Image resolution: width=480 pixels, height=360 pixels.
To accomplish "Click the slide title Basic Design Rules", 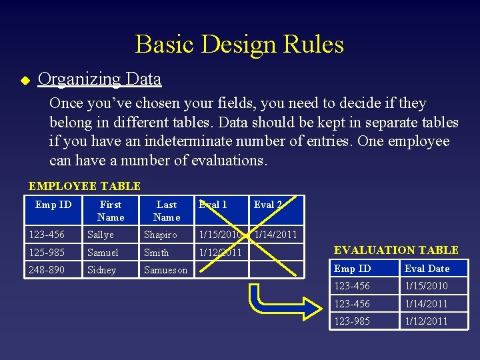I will pos(239,45).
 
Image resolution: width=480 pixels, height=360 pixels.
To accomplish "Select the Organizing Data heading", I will pos(100,79).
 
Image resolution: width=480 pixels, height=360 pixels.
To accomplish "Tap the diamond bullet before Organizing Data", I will pos(25,80).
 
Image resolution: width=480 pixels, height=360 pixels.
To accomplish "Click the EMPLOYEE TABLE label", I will pos(85,186).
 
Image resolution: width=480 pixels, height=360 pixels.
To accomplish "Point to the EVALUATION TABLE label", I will pos(396,250).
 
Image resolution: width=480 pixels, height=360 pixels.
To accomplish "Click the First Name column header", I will pos(111,211).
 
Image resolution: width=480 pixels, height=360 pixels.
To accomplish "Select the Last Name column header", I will pos(167,211).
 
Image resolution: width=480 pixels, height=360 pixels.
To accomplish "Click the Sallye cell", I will pos(101,235).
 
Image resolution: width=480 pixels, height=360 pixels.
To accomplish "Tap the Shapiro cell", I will pos(161,235).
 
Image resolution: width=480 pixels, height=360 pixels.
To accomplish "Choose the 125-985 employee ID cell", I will pos(47,253).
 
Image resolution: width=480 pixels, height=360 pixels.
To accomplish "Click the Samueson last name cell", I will pos(166,270).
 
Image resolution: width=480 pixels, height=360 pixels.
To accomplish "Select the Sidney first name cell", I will pos(101,270).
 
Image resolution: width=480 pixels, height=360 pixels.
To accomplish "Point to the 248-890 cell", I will pos(47,270).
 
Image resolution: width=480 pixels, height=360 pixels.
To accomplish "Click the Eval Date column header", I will pos(427,269).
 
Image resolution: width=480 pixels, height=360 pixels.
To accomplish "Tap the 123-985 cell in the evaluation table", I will pos(353,321).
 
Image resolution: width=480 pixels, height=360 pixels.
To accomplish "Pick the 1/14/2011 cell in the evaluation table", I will pos(427,303).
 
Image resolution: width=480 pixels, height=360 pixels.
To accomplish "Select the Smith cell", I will pos(157,253).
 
